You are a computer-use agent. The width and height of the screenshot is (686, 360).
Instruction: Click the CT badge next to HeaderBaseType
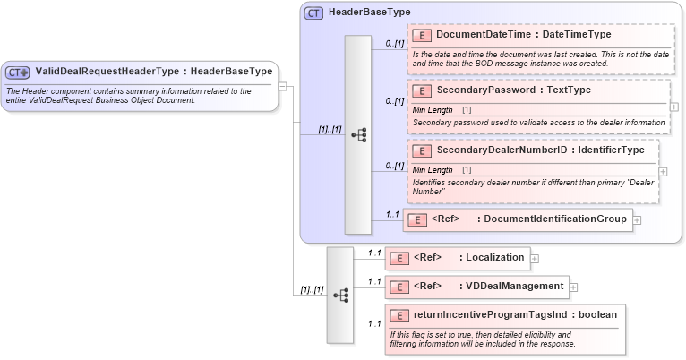click(x=313, y=13)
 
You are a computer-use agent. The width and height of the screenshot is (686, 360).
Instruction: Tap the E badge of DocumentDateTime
click(x=421, y=35)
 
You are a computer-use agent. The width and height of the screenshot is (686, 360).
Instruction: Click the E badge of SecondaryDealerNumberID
click(x=421, y=150)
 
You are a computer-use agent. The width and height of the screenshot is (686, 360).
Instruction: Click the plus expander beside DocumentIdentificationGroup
click(x=637, y=219)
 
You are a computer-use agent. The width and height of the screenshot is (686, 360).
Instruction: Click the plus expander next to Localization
click(x=535, y=259)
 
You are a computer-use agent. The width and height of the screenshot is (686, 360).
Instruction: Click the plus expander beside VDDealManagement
click(x=574, y=287)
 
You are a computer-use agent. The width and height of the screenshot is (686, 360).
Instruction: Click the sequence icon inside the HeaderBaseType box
click(x=357, y=135)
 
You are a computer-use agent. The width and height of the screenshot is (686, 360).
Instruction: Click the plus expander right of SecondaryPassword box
click(x=674, y=107)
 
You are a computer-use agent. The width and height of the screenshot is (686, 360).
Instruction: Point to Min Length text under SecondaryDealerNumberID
click(x=433, y=169)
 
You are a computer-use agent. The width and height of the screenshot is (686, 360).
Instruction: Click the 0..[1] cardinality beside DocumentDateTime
click(x=394, y=43)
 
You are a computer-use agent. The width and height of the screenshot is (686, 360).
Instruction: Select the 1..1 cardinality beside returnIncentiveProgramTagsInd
click(x=374, y=323)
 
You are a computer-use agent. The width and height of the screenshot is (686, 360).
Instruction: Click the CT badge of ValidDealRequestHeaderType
click(x=18, y=72)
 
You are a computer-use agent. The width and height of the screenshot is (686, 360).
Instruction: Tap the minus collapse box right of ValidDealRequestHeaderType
click(x=282, y=87)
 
